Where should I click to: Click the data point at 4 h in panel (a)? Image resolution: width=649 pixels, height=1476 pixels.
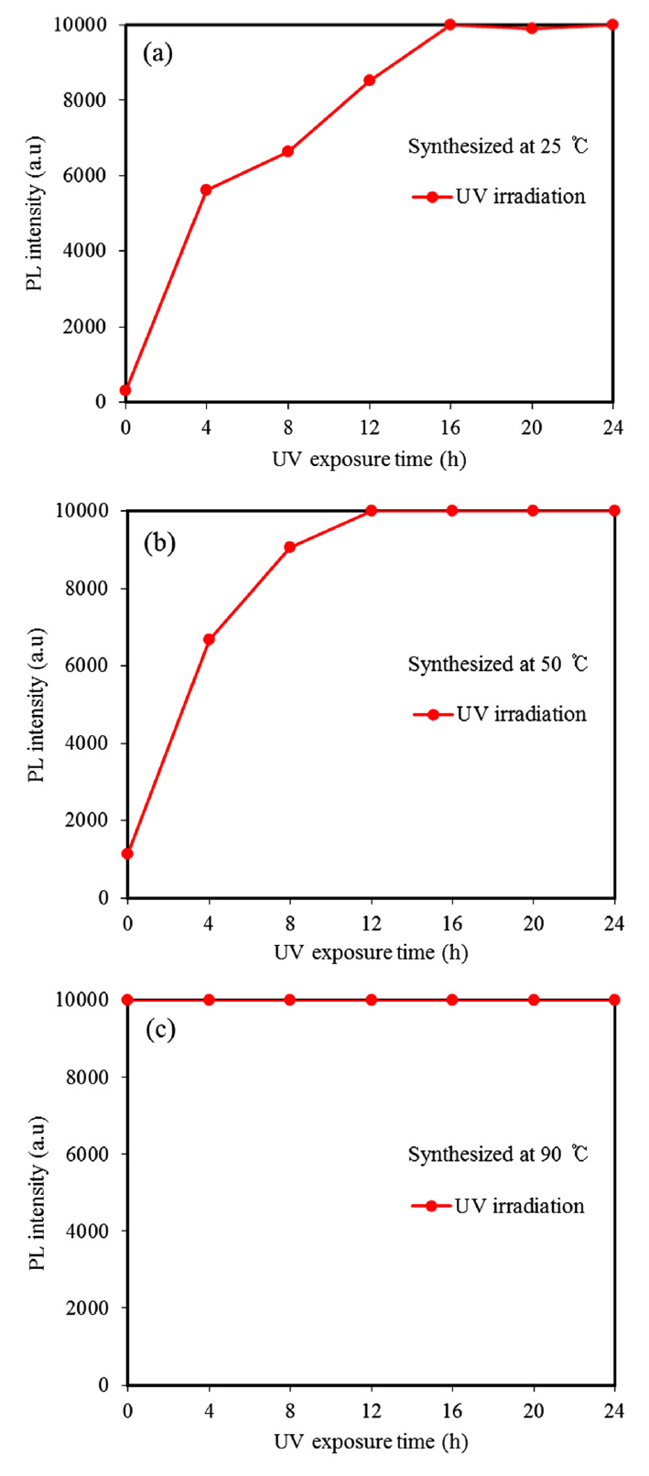pyautogui.click(x=206, y=190)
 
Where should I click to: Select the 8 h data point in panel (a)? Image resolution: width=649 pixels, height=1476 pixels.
pyautogui.click(x=287, y=151)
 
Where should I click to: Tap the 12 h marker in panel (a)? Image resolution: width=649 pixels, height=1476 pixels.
pyautogui.click(x=369, y=81)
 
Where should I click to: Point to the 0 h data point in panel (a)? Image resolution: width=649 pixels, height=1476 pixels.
pyautogui.click(x=125, y=390)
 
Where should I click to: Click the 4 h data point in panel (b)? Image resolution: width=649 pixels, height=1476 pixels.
pyautogui.click(x=209, y=639)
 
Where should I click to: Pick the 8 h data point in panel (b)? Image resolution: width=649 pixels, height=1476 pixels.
pyautogui.click(x=289, y=548)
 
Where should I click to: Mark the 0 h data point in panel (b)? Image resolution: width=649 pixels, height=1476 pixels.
pyautogui.click(x=127, y=853)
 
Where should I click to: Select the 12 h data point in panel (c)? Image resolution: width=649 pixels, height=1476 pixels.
pyautogui.click(x=371, y=1000)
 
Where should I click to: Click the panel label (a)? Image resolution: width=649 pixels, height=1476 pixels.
pyautogui.click(x=157, y=53)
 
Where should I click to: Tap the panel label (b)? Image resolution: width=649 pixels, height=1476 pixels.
pyautogui.click(x=159, y=542)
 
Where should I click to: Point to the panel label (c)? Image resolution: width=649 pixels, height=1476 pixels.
pyautogui.click(x=159, y=1030)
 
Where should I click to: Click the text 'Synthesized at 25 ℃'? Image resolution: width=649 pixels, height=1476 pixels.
pyautogui.click(x=497, y=147)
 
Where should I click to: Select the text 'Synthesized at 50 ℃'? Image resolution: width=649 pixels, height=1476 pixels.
pyautogui.click(x=497, y=664)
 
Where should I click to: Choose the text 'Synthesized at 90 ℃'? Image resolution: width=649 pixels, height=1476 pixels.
pyautogui.click(x=497, y=1155)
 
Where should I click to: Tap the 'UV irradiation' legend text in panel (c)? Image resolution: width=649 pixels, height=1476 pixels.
pyautogui.click(x=519, y=1206)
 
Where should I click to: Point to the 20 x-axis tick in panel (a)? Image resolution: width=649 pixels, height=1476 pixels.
pyautogui.click(x=532, y=427)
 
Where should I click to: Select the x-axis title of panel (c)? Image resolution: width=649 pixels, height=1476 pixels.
pyautogui.click(x=371, y=1441)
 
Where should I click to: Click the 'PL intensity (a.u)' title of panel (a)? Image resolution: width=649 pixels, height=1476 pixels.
pyautogui.click(x=35, y=223)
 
